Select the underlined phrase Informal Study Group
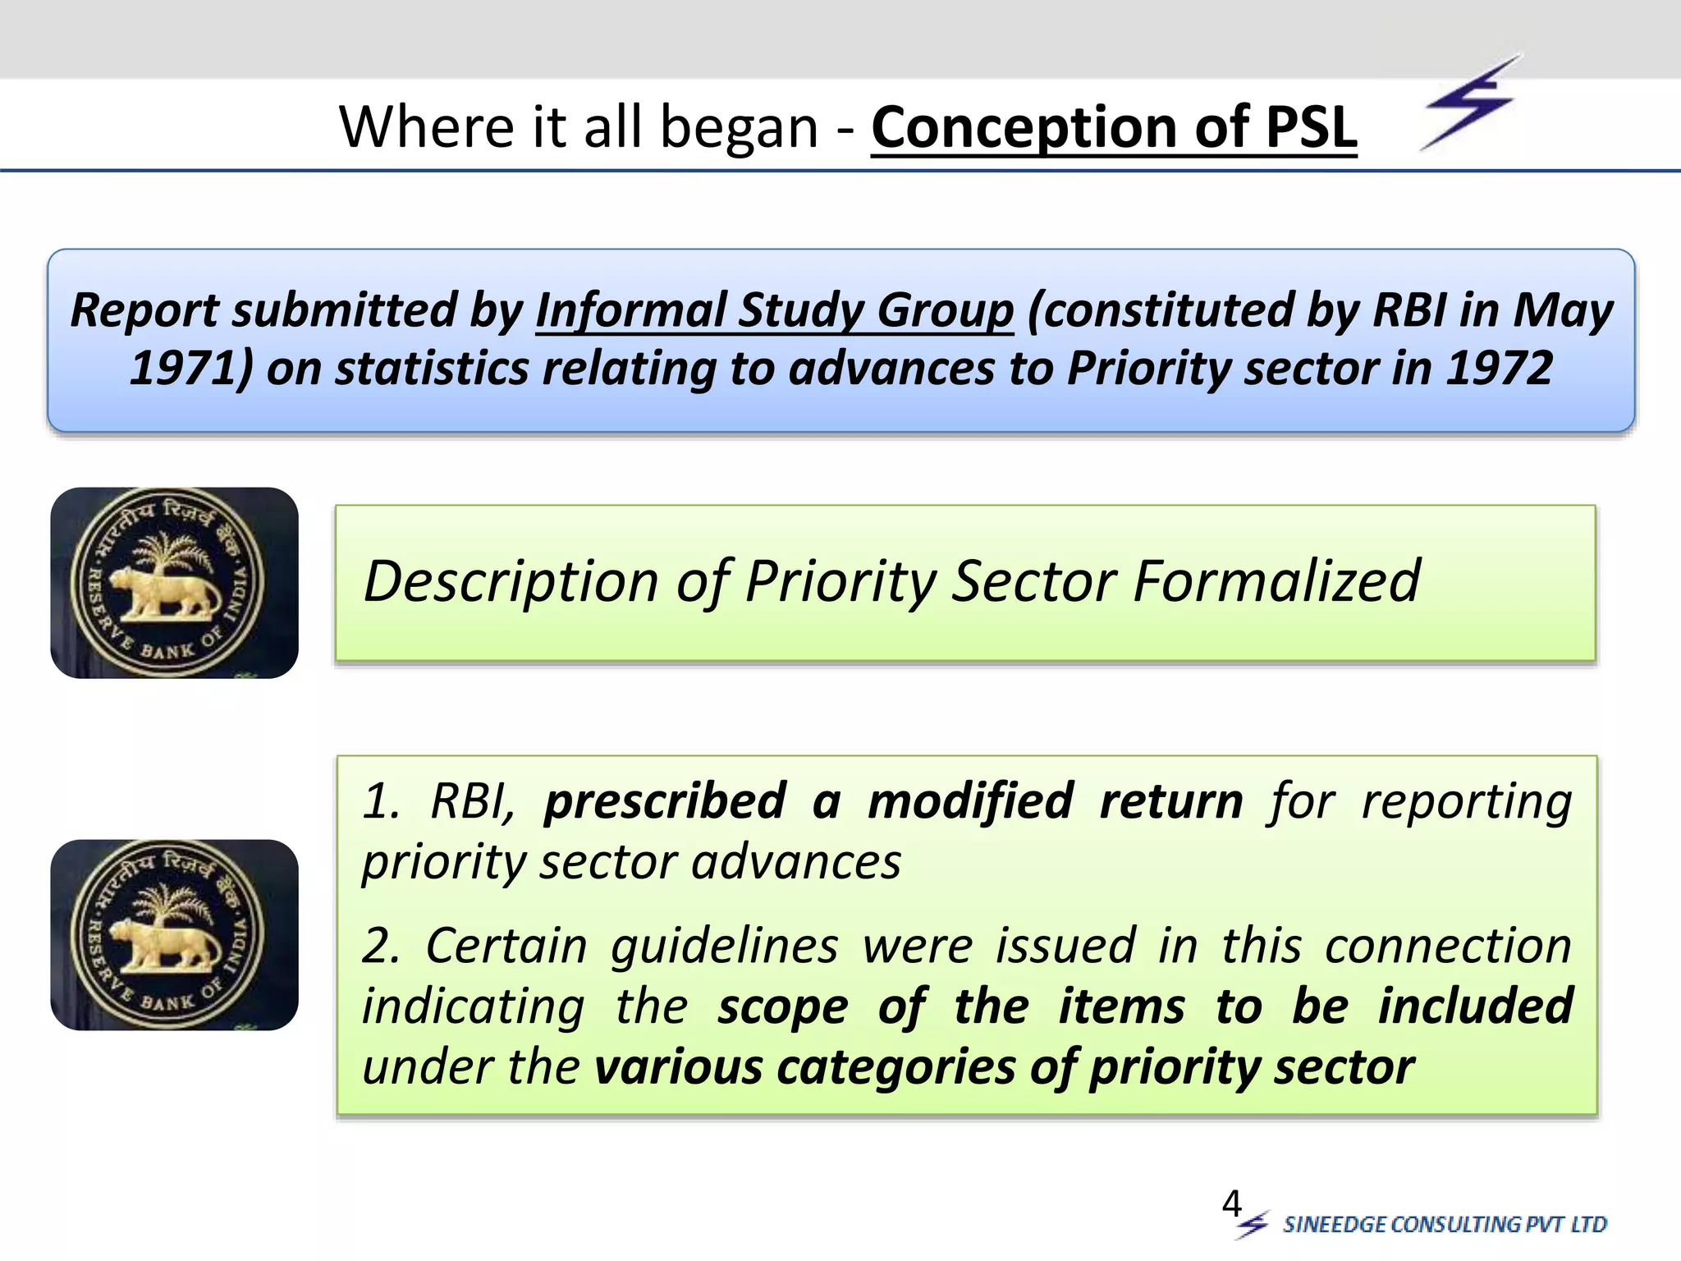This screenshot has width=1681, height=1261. coord(774,311)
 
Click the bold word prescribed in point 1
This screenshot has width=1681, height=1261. coord(665,801)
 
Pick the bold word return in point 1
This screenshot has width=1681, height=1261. coord(1171,801)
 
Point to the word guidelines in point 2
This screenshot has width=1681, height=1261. coord(724,946)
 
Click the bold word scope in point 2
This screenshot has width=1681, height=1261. coord(782,1007)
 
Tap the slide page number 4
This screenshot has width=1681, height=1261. coord(1231,1204)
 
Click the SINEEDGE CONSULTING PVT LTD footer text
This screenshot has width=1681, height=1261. coord(1445,1225)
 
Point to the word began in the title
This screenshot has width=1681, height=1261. coord(739,129)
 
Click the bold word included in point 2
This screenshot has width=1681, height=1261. coord(1475,1006)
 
